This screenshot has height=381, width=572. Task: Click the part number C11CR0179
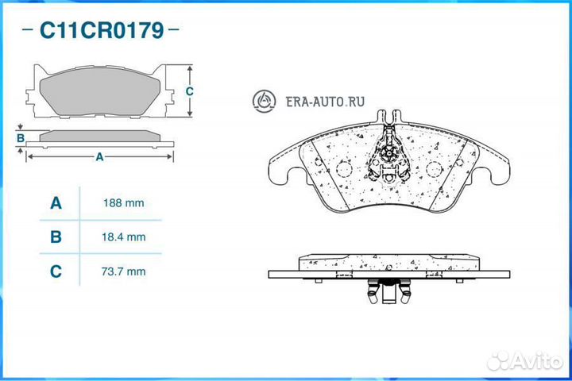click(x=102, y=30)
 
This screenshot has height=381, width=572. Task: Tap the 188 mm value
click(x=123, y=202)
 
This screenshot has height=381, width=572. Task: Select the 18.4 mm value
click(x=123, y=237)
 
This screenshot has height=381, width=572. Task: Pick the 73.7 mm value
click(x=123, y=271)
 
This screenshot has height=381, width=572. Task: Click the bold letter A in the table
click(x=56, y=202)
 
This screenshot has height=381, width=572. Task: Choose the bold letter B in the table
click(x=56, y=237)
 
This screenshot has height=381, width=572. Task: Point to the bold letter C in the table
click(x=56, y=271)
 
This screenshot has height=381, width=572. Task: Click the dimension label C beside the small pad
click(x=189, y=91)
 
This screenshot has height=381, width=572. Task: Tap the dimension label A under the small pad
click(x=99, y=157)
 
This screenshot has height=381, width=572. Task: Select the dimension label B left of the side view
click(x=21, y=138)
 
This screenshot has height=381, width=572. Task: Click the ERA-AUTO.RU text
click(x=325, y=102)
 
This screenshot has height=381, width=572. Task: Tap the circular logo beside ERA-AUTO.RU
click(x=264, y=101)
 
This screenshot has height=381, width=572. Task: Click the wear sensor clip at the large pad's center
click(x=388, y=155)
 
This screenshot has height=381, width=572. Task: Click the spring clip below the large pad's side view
click(x=388, y=291)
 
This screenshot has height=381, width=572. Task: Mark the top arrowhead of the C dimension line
click(x=190, y=68)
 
